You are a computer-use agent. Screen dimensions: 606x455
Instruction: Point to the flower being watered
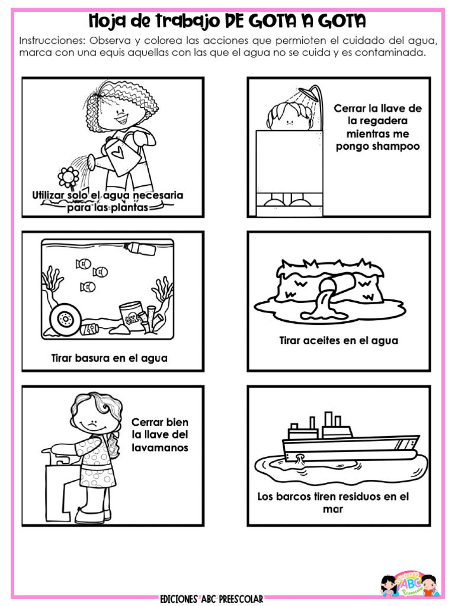(69, 176)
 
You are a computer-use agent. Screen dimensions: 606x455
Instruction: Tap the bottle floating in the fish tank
(140, 247)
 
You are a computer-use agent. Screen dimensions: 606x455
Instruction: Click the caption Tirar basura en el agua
(109, 357)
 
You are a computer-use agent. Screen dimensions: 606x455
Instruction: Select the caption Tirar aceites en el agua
(338, 340)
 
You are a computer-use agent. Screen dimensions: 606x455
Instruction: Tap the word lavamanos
(159, 447)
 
